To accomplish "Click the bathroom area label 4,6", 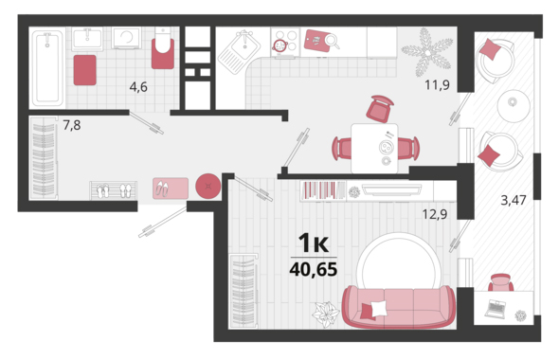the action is (138, 86).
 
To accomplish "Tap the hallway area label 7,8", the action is (72, 125).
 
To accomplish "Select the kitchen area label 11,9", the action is (437, 85).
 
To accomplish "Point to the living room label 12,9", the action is (435, 214).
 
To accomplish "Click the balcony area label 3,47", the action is (514, 200).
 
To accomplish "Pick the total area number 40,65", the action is (314, 269).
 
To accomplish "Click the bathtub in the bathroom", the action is (47, 67).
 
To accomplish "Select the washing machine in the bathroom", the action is (127, 38).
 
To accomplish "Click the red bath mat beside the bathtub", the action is (85, 70).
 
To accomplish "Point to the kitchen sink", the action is (239, 52).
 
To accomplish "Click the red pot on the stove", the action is (279, 45).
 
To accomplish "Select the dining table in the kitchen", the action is (374, 149).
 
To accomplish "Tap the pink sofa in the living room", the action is (399, 306).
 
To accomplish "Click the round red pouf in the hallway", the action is (208, 186).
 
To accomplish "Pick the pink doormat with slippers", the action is (171, 189).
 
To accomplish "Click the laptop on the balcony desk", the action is (496, 309).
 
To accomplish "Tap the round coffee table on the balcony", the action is (514, 106).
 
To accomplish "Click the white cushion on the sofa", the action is (379, 308).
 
